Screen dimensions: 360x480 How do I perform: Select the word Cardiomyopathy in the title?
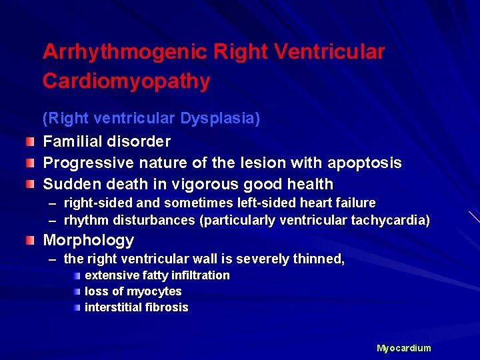[126, 81]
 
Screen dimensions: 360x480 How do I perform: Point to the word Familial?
[72, 141]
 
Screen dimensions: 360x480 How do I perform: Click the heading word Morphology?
[88, 240]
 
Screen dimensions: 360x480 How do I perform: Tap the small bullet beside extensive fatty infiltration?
[77, 275]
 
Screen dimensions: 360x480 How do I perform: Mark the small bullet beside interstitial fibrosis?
[77, 307]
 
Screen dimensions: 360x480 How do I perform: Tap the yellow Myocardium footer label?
[403, 348]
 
